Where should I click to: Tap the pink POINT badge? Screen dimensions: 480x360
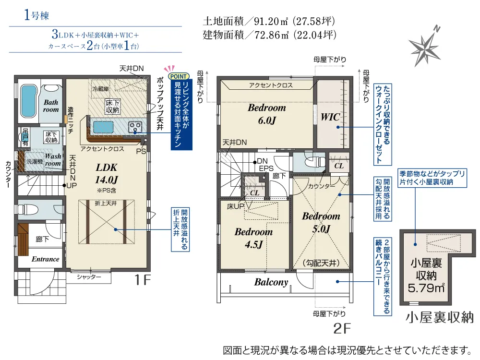coord(179,76)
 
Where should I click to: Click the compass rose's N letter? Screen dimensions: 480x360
coord(437,29)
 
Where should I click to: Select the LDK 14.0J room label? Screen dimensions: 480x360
coord(107,174)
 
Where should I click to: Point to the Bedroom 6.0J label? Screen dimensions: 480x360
coord(267,114)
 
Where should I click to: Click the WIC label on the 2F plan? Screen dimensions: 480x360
coord(330,117)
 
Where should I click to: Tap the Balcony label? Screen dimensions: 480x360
coord(271,282)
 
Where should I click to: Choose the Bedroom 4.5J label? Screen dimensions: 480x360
coord(253,238)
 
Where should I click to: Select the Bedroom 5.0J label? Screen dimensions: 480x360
coord(321,222)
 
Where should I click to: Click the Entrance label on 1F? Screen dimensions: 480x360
coord(45,259)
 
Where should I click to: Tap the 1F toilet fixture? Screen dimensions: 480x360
coord(28,210)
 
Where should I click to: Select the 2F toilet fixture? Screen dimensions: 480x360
coord(315,161)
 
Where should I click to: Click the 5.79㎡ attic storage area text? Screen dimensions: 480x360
coord(426,288)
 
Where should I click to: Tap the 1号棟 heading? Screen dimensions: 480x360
coord(36,15)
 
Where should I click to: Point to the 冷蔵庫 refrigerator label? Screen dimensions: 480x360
coord(101,89)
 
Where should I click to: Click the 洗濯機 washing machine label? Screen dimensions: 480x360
coord(34,161)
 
